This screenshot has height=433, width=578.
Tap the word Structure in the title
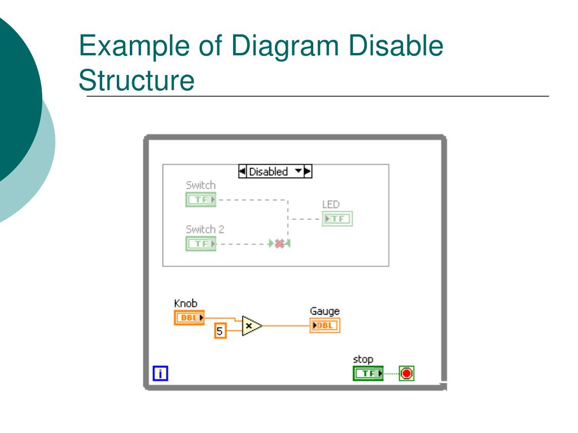tap(137, 80)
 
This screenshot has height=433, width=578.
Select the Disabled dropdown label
tap(269, 171)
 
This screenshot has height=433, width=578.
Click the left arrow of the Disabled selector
tap(242, 171)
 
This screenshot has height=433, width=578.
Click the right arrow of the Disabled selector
tap(308, 171)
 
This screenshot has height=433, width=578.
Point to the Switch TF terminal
tap(200, 200)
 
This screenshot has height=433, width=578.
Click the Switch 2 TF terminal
tap(200, 244)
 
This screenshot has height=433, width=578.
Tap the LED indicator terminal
tap(337, 219)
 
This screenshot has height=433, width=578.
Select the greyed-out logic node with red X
tap(279, 244)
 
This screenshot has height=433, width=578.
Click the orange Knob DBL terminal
tap(189, 318)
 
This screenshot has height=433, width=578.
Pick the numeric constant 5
tap(220, 330)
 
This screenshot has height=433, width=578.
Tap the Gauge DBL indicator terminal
tap(325, 325)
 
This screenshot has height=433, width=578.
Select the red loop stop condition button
tap(406, 373)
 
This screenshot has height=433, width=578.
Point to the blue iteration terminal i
tap(160, 373)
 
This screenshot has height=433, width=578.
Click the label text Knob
tap(186, 304)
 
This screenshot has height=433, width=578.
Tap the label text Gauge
tap(325, 311)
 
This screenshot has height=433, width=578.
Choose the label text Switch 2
tap(205, 229)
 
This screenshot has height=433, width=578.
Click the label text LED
tap(331, 204)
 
